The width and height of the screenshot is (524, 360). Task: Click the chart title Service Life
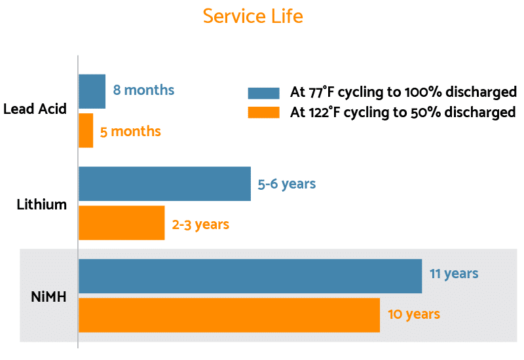point(253,16)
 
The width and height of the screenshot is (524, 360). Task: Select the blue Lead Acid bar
point(92,91)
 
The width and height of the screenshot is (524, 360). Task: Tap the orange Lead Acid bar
point(86,130)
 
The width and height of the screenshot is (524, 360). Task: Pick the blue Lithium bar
point(164,183)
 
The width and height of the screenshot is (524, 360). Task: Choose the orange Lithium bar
point(121,223)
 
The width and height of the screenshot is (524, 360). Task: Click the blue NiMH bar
point(250,276)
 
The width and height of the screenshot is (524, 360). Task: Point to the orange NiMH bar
point(229,315)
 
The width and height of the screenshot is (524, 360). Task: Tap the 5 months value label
point(130,132)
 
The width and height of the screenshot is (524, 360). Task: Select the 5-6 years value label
point(286,184)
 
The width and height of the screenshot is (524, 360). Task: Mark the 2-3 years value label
point(200,225)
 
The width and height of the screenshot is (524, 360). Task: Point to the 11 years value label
point(454,274)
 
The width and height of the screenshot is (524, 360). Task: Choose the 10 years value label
point(414,314)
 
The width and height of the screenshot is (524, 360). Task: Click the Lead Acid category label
point(35,109)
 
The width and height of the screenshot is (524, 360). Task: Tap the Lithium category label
point(42,204)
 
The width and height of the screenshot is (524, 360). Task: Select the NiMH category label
point(48,296)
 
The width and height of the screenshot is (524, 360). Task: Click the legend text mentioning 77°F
point(403,92)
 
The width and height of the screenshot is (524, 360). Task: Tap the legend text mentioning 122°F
point(402,113)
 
